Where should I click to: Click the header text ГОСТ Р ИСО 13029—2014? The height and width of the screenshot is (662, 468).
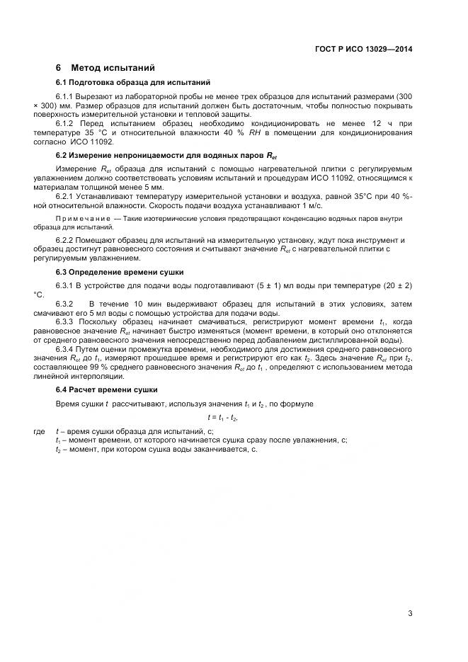point(363,49)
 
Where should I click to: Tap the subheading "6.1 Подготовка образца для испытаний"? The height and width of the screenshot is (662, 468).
point(132,83)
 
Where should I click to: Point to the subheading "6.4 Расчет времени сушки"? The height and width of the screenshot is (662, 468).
point(106,390)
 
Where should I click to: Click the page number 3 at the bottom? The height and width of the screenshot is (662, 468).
point(410,613)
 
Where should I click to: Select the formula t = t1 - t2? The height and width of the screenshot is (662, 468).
point(223,417)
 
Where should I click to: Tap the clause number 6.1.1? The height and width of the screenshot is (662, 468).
point(64,96)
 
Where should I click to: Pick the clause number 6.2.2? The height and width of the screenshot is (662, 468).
point(64,241)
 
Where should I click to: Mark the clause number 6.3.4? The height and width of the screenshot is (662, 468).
point(64,350)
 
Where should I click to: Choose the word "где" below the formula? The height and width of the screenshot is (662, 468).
point(40,430)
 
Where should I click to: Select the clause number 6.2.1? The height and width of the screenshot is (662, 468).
point(64,195)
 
